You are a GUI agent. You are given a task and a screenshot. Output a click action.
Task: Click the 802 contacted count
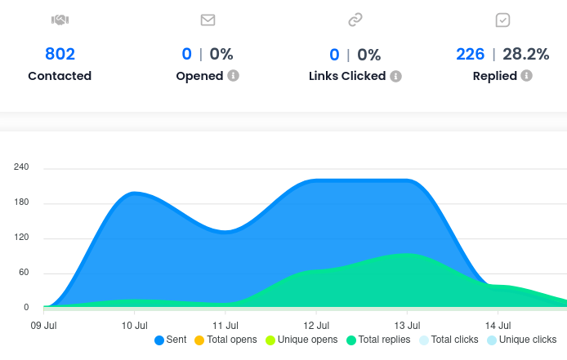click(60, 54)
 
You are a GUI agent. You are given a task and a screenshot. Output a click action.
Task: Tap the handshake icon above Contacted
click(60, 20)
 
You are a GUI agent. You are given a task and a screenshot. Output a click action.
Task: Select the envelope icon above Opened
click(208, 20)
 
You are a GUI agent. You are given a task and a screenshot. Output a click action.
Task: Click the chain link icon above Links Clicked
click(355, 20)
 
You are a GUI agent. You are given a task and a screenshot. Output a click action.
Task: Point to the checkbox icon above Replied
click(502, 20)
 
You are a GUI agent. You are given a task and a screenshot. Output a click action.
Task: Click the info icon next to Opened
click(233, 76)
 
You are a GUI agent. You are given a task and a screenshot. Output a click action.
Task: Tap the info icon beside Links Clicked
click(395, 76)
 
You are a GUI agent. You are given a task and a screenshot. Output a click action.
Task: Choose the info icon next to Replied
click(526, 76)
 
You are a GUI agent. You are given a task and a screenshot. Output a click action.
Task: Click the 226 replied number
click(470, 54)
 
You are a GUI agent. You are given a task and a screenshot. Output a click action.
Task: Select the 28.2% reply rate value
click(525, 54)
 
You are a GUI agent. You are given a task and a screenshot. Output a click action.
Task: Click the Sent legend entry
click(170, 340)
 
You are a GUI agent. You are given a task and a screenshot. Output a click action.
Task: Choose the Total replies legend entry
click(379, 340)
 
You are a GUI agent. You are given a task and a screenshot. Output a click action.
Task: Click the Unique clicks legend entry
click(521, 340)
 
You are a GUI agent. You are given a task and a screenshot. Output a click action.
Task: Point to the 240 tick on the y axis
click(21, 167)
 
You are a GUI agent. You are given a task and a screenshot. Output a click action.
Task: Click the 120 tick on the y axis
click(21, 238)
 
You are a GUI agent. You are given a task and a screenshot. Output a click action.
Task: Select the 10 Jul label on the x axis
click(135, 324)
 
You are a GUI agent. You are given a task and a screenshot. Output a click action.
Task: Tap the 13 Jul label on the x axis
click(407, 324)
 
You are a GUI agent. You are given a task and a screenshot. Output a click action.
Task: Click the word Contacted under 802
click(60, 76)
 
